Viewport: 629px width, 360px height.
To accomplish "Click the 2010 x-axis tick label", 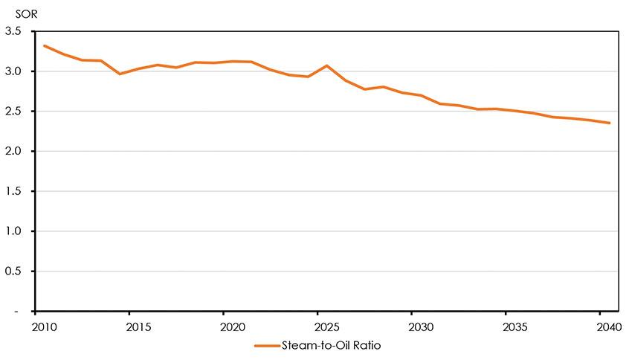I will tap(36, 327).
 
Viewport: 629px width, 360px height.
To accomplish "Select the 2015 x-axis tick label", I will tap(129, 327).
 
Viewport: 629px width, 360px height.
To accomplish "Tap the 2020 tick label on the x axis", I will tap(224, 327).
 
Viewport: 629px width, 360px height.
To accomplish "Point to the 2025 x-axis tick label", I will tap(317, 327).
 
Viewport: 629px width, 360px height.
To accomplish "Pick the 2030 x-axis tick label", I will tap(412, 327).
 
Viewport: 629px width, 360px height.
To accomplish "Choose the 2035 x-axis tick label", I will tap(506, 327).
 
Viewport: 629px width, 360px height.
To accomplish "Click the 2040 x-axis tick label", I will tap(600, 327).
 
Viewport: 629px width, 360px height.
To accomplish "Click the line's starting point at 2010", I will tap(45, 46).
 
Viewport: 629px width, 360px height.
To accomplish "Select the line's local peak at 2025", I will tap(326, 65).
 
